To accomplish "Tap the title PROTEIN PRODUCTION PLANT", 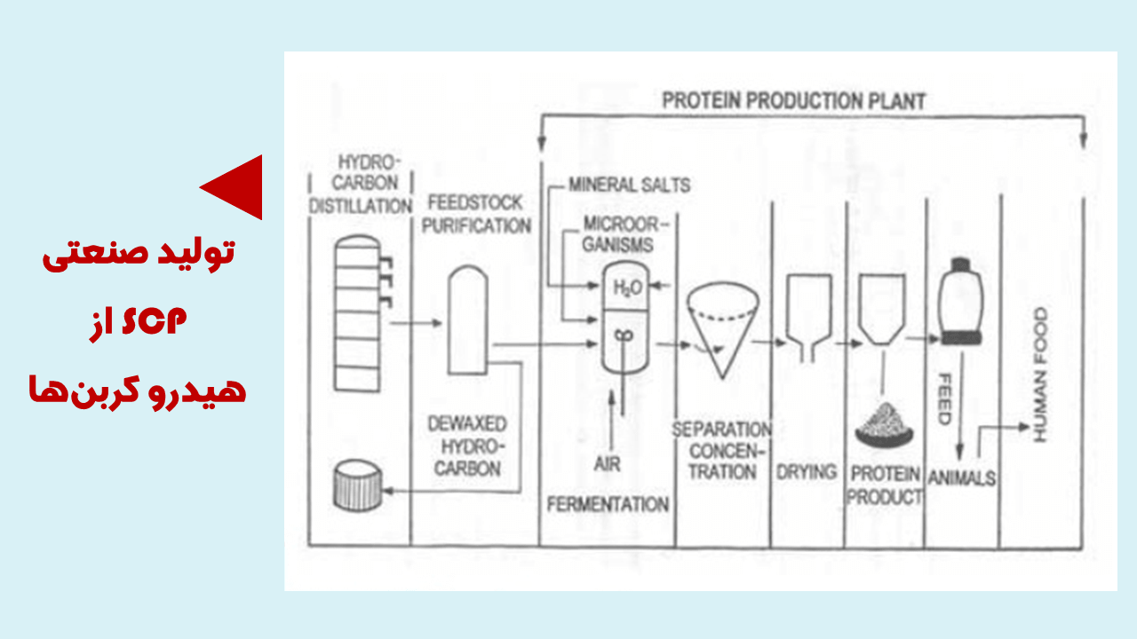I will tap(793, 101).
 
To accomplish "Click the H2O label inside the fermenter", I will tap(628, 288).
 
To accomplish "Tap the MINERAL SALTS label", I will tap(629, 186).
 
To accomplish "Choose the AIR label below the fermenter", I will tap(608, 464).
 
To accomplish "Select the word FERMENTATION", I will tap(608, 505).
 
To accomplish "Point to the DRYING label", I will tap(807, 472).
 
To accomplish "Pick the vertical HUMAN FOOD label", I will tap(1040, 375).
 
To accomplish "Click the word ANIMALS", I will tap(962, 478).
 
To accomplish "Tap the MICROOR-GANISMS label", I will tap(618, 233).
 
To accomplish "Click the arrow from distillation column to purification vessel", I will tap(417, 325).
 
